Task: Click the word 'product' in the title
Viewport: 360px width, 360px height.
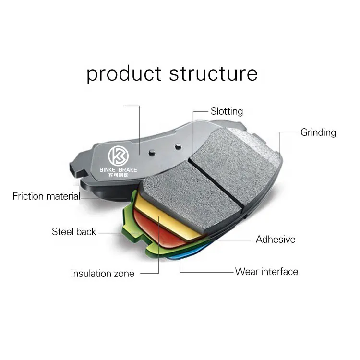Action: (124, 74)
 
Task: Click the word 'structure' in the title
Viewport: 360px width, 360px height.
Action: (214, 73)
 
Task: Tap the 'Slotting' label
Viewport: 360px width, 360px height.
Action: (227, 111)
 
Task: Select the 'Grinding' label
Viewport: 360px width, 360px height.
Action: (318, 132)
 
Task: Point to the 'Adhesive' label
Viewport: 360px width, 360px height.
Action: (276, 240)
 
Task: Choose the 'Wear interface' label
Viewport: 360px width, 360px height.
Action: (266, 272)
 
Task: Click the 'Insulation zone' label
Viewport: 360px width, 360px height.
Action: (102, 274)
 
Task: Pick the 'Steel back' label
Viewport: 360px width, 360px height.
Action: (74, 232)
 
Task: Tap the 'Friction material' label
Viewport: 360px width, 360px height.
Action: (47, 196)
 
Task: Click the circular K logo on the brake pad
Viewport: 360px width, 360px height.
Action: (118, 156)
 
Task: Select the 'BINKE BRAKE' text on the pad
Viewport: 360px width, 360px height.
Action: (118, 170)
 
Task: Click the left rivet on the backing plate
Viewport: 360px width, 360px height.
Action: (152, 153)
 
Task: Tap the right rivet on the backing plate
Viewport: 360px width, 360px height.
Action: (178, 146)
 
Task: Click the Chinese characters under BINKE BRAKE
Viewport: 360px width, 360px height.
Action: (118, 175)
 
